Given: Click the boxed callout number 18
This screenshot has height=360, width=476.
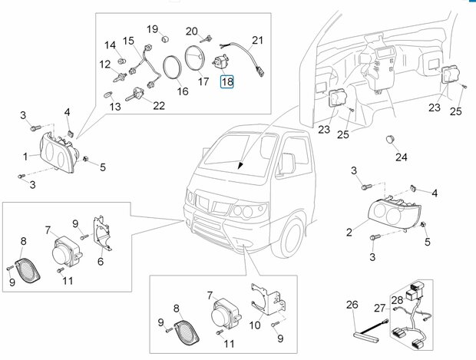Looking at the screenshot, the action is point(227,81).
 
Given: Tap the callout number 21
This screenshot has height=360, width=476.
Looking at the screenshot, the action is point(257,40).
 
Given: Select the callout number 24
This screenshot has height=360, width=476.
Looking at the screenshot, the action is point(401,157).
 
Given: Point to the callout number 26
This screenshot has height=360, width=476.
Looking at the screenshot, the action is point(352,305).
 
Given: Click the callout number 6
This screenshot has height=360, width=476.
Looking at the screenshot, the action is point(101,261).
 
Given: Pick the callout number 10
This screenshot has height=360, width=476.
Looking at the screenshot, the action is point(255,325).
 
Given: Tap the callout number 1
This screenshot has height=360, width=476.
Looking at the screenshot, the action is point(25,157).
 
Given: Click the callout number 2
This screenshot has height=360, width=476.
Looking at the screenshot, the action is point(349,233).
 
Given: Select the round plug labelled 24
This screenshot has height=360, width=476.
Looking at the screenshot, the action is point(390,139).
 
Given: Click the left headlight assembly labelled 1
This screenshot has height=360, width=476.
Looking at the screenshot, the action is point(58,154).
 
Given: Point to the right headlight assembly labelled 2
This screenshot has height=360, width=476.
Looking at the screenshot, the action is point(394,212).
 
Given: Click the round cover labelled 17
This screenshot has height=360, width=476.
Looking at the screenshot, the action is point(194,58).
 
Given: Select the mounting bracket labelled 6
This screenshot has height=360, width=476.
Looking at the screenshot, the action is point(101,233).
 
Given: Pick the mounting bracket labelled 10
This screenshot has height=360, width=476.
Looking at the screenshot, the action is point(269,299).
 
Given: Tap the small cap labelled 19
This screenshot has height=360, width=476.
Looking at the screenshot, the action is point(164,39).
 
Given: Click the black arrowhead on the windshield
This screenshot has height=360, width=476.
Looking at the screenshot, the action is point(240,165).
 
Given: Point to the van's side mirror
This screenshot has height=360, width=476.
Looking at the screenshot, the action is point(287,163).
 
